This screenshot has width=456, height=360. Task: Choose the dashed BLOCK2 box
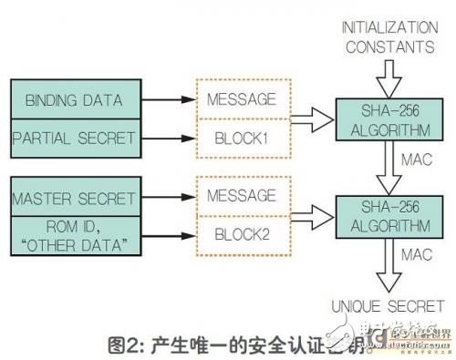coord(241,232)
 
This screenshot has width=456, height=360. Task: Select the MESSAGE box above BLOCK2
coord(241,195)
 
